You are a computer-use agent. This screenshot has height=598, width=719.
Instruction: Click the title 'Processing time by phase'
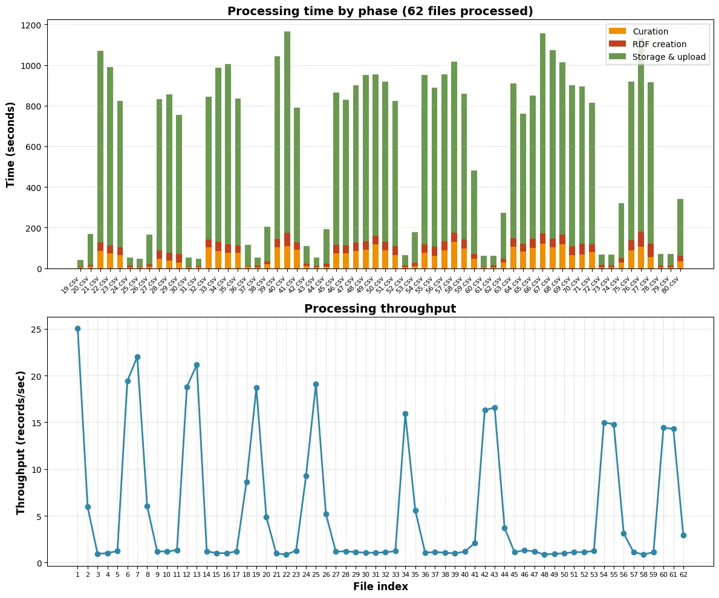380,11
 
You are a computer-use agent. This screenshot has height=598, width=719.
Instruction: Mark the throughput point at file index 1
77,328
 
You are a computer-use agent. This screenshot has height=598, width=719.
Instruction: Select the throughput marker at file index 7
137,357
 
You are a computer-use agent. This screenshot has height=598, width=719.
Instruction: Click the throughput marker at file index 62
683,535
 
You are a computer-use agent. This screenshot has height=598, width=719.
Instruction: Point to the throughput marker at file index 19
256,388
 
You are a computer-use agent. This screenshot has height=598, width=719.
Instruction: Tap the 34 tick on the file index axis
405,574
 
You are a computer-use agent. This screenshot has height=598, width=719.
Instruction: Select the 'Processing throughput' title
380,309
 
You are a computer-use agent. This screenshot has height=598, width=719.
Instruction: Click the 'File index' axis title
380,587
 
